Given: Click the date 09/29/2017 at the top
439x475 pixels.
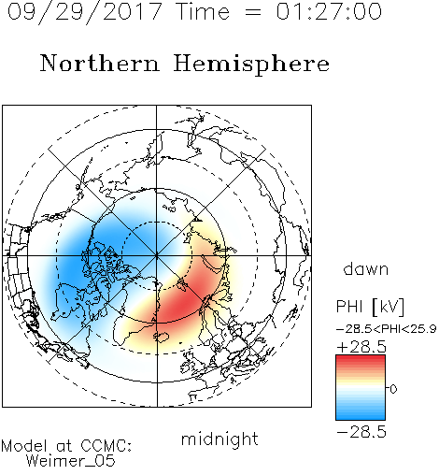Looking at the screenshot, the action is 85,12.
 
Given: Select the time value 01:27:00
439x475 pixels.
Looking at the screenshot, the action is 329,12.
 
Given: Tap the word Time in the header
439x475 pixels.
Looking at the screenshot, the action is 203,12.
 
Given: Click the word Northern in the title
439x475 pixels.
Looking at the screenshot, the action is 100,64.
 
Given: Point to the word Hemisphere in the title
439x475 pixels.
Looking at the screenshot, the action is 251,65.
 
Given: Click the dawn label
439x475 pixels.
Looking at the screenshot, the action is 366,268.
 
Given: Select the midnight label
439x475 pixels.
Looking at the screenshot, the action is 219,439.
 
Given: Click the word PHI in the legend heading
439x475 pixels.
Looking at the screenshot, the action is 349,307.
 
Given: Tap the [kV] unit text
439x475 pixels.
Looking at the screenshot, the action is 389,307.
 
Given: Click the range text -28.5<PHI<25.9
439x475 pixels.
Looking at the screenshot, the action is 386,329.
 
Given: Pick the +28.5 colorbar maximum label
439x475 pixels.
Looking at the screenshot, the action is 361,347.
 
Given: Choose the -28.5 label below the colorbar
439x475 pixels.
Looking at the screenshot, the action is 361,432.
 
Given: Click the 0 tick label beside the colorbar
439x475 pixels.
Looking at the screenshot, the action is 393,389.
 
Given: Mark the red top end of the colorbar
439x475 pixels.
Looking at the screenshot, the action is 361,358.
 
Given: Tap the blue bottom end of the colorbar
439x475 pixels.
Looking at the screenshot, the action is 361,417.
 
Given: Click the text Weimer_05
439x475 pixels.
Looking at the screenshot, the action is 71,461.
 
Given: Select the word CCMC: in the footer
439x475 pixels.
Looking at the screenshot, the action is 106,446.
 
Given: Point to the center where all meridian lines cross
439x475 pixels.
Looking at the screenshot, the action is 157,255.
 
